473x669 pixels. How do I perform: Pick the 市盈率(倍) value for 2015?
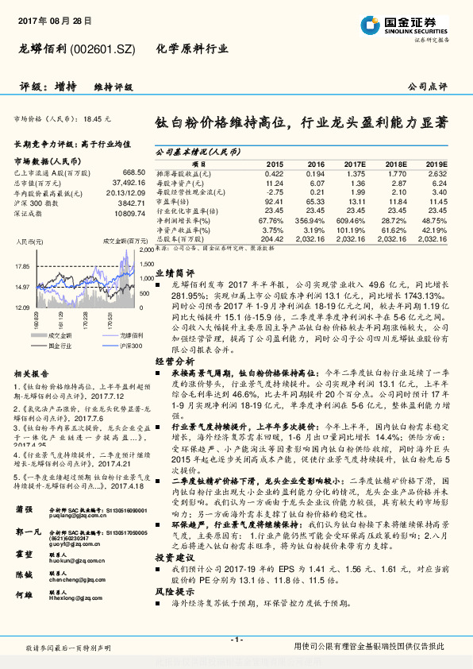(273, 202)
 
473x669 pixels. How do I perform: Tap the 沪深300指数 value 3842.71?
(130, 203)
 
